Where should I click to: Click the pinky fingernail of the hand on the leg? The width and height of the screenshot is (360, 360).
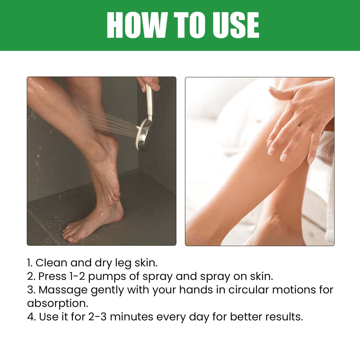point(311,160)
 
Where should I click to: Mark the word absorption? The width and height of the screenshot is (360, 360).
point(58,304)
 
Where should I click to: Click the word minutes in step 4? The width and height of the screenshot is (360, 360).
point(131,317)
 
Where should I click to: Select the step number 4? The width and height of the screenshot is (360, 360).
point(31,317)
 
